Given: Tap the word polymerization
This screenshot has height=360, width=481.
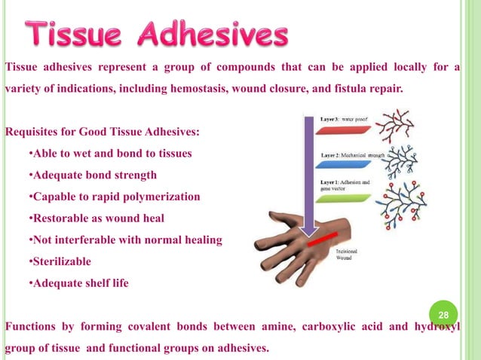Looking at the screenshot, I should coord(161,197).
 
